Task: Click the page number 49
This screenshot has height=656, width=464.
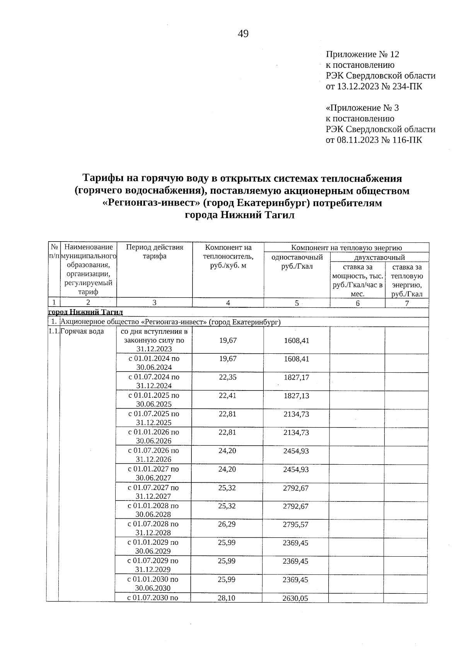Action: point(243,34)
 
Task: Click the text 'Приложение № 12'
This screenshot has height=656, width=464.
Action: point(362,54)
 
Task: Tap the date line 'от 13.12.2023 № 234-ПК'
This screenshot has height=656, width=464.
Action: point(374,86)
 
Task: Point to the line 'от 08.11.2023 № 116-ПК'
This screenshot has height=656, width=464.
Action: point(374,140)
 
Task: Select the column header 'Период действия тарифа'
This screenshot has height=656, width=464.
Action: point(154,252)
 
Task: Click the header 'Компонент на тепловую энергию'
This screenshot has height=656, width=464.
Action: point(346,248)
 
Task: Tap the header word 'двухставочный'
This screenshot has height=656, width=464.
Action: point(379,257)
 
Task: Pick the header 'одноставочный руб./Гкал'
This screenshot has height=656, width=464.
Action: point(297,262)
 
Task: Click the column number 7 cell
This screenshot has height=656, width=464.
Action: point(407,303)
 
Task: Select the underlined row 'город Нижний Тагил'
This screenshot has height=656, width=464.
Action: point(85,312)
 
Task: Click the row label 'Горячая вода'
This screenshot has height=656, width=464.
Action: point(82,332)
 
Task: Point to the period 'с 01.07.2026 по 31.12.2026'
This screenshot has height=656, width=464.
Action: point(154,455)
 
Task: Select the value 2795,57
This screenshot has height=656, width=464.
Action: point(296,525)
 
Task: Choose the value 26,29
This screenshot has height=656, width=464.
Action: point(227,524)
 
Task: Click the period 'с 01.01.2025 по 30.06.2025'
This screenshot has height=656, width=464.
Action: point(154,400)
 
